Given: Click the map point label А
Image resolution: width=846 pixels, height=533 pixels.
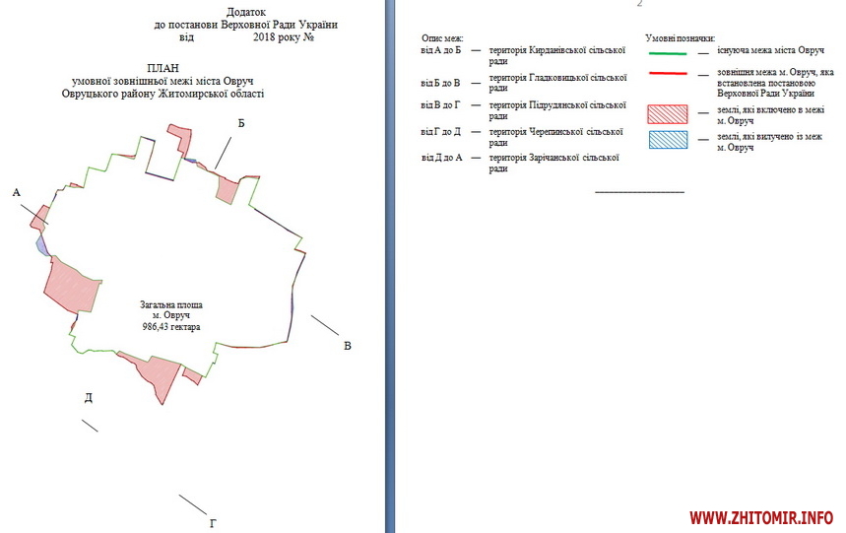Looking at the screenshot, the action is [x=16, y=192].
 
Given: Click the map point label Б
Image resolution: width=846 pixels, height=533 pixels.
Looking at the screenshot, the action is [x=241, y=123].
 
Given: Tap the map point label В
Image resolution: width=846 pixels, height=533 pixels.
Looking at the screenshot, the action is [x=348, y=346].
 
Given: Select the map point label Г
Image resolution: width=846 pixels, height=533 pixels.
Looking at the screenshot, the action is [x=213, y=523].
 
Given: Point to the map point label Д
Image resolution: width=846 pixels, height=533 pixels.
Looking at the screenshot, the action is [x=89, y=398].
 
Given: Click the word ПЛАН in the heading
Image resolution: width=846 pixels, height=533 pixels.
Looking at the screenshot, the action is [x=163, y=69].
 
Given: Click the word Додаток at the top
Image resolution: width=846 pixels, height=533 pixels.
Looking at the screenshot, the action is [x=246, y=12].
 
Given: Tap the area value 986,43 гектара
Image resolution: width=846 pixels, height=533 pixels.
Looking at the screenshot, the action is [x=171, y=327].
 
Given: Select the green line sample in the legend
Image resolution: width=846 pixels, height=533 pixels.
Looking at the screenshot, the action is [x=668, y=53].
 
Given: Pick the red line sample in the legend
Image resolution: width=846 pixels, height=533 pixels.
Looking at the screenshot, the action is [x=668, y=73].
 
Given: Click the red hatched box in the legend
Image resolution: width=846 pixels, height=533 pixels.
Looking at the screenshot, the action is [x=668, y=114].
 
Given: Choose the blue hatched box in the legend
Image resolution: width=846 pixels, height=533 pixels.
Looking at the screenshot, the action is [x=668, y=140].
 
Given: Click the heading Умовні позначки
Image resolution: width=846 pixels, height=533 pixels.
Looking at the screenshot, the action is [x=680, y=38].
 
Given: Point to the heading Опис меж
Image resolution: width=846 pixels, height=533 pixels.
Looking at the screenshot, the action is [x=442, y=38].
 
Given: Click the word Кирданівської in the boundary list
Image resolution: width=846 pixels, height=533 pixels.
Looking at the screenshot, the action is [x=555, y=50].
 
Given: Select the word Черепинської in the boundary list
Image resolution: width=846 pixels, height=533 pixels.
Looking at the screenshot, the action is [x=556, y=132].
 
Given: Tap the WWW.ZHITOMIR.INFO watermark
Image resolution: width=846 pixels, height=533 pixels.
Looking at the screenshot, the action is [x=761, y=518].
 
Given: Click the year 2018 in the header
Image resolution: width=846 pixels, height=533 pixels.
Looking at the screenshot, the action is [x=264, y=37].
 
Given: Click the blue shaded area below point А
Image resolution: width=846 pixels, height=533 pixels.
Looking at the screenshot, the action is [x=41, y=244].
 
